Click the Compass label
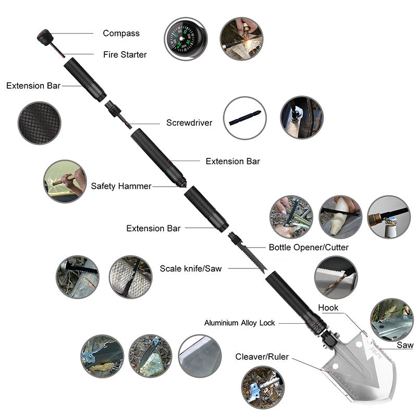[121, 33]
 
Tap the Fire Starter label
[125, 55]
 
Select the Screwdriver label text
[189, 122]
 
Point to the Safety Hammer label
[121, 186]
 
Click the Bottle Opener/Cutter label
[309, 247]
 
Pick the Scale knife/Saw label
[191, 268]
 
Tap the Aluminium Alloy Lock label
[239, 323]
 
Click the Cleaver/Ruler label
[262, 357]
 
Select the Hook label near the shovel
[328, 308]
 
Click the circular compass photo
[186, 39]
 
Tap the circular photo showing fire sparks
[241, 39]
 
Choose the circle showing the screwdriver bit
[244, 118]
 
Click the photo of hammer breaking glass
[65, 181]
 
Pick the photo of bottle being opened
[389, 217]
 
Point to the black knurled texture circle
[40, 123]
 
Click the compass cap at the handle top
[45, 37]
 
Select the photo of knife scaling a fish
[131, 277]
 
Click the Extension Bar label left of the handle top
[33, 85]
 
